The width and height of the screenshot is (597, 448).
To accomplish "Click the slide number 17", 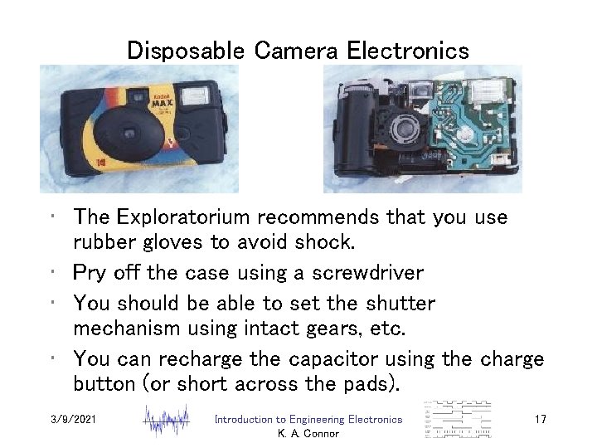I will click(x=540, y=421).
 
